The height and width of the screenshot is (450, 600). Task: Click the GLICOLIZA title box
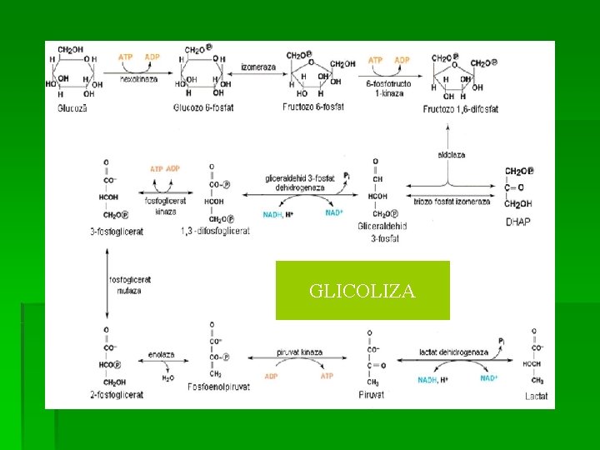coord(362,291)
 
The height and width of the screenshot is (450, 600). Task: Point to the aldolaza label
coord(450,155)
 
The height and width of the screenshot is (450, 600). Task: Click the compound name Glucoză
coord(70,107)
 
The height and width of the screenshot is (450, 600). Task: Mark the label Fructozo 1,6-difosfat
coord(460,108)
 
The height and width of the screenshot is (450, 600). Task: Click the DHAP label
coord(518,221)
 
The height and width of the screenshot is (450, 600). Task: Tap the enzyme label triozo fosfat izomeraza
coord(450,201)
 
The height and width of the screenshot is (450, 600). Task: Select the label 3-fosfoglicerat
coord(117,231)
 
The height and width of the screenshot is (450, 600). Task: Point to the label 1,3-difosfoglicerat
coord(214,231)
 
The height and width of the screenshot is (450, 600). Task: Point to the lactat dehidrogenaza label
coord(454,352)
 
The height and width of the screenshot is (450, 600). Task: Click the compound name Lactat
coord(537,396)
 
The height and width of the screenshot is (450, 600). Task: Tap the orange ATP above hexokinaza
coord(126,57)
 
